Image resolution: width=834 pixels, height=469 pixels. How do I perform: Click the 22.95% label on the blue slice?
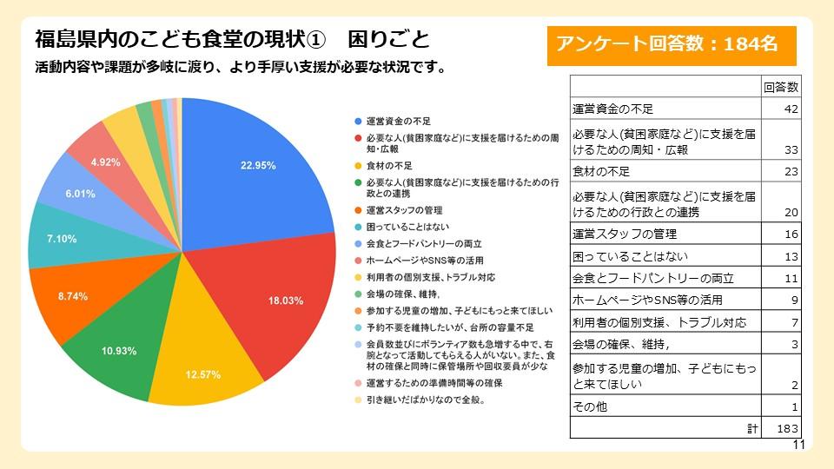coord(258,165)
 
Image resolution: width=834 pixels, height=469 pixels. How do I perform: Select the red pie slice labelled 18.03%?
coord(286,301)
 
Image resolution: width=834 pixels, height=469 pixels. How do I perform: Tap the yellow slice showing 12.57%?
coord(202,374)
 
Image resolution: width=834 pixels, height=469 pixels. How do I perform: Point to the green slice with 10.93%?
coord(118,350)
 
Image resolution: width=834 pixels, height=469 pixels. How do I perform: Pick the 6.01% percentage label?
coord(80,194)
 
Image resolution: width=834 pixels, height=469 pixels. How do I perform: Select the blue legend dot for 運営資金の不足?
coord(357,120)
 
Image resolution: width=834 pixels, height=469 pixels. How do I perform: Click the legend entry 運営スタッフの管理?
coord(405,210)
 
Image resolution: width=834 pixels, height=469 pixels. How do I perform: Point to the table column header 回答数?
coord(781,87)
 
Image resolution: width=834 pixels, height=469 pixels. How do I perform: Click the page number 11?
coord(799,445)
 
